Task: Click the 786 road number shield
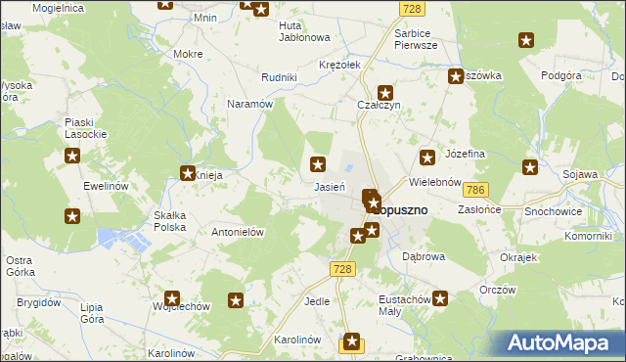pos(476,190)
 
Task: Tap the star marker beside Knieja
pos(187,174)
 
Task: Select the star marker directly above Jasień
pos(318,164)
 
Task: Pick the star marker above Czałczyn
pos(385,91)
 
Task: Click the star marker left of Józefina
pos(427,157)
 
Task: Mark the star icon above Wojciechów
pos(172,299)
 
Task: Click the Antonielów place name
pos(240,232)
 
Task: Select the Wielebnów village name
pos(435,182)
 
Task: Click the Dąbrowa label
pos(424,255)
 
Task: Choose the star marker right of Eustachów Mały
pos(441,298)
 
